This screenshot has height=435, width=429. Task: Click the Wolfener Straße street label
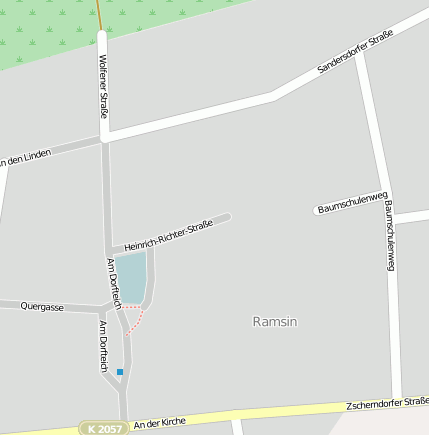[x=103, y=86]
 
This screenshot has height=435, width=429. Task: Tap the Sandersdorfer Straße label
[x=355, y=53]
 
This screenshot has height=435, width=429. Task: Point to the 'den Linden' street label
[x=26, y=157]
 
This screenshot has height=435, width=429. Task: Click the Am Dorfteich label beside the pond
[x=113, y=281]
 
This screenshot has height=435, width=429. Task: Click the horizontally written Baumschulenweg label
[x=351, y=201]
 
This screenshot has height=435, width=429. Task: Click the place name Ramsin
[x=276, y=322]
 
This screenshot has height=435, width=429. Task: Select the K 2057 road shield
[x=104, y=428]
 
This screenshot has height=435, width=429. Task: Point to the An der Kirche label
[x=159, y=423]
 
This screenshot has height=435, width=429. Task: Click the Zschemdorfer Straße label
[x=386, y=404]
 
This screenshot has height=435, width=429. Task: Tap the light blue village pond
[x=131, y=277]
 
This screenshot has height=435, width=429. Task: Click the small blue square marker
[x=120, y=372]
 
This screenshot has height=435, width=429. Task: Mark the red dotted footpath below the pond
[x=136, y=321]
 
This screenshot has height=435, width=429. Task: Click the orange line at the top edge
[x=100, y=13]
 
